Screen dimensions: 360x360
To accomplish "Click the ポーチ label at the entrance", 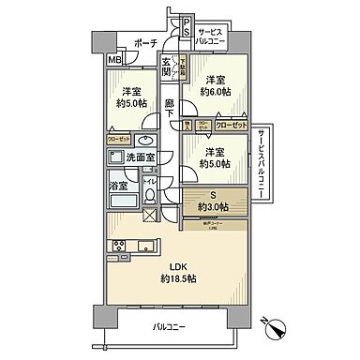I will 145,43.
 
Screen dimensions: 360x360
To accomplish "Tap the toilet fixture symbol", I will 150,197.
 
